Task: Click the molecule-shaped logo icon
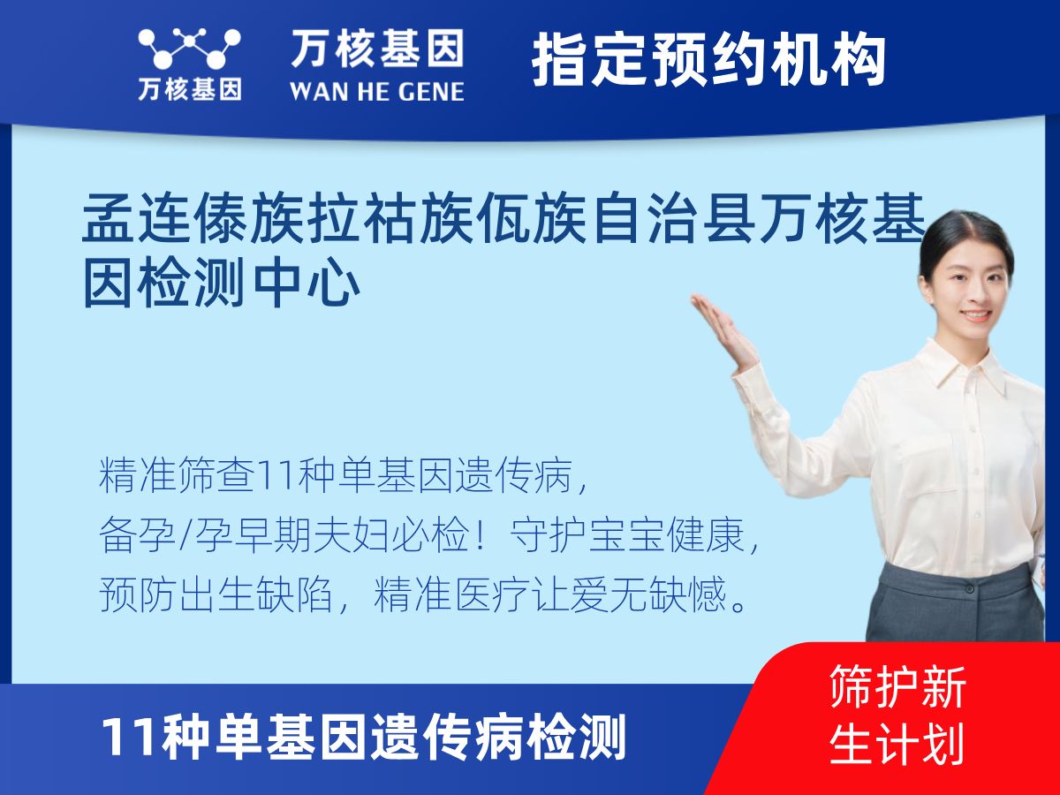[189, 48]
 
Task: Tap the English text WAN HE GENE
[377, 92]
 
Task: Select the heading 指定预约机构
[708, 59]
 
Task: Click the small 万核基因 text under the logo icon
[190, 89]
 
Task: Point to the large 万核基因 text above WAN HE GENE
[377, 48]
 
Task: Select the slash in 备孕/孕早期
[185, 534]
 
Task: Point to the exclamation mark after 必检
[480, 534]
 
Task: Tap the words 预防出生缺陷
[216, 594]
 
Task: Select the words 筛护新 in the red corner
[897, 686]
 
